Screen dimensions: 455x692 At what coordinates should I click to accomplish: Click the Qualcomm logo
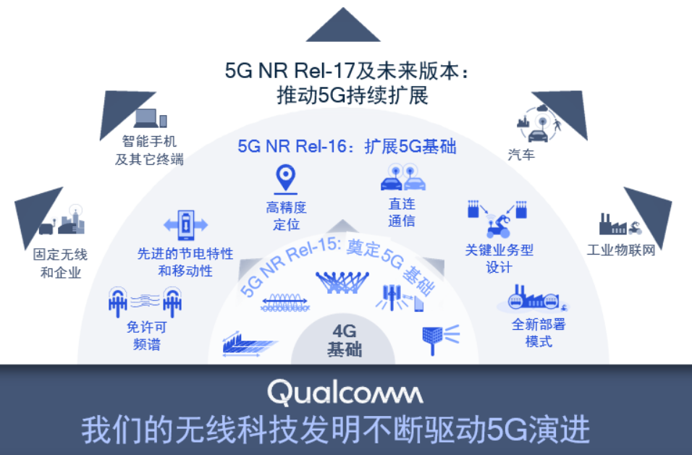[x=345, y=393]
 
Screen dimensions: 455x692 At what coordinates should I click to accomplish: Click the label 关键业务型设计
[x=499, y=258]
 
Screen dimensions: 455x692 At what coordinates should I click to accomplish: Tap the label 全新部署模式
[x=539, y=333]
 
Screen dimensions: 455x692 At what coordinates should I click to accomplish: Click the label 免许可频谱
[x=148, y=336]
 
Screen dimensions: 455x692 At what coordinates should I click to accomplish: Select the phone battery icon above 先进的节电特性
[x=186, y=225]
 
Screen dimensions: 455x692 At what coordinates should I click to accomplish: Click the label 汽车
[x=522, y=154]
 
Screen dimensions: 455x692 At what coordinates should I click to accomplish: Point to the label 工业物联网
[x=621, y=250]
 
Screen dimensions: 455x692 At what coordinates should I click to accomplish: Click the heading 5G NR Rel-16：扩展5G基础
[x=347, y=146]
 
